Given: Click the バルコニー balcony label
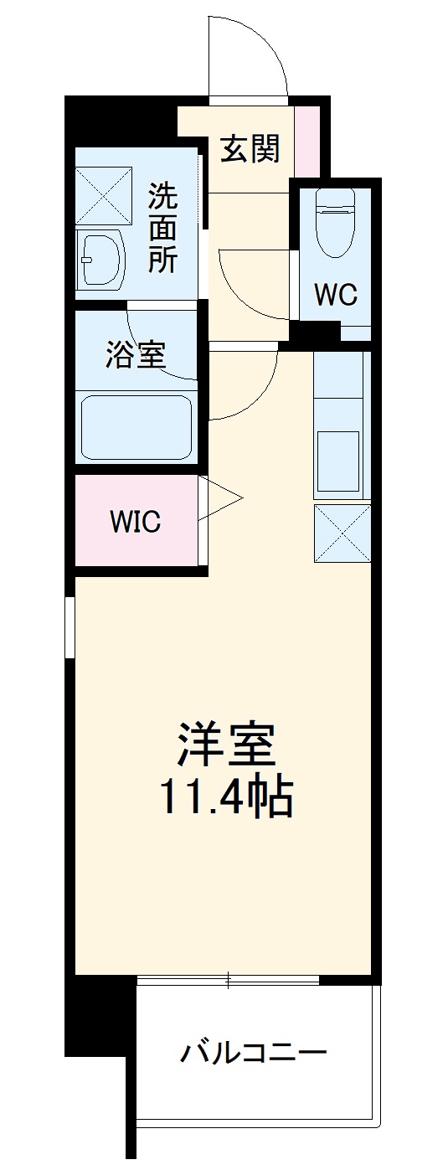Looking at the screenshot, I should tap(253, 1051).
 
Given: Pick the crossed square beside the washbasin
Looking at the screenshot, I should tap(104, 195).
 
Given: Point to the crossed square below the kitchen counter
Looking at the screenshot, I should tap(342, 533).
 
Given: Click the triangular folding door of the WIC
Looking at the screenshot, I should tap(219, 501).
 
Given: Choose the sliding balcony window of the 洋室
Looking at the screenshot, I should tap(228, 979).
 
